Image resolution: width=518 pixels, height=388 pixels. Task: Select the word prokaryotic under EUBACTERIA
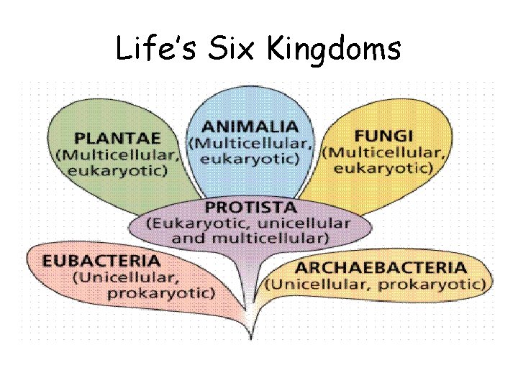click(160, 292)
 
